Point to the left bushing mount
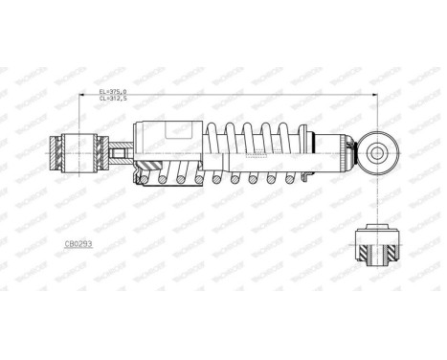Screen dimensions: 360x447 pos(74,151)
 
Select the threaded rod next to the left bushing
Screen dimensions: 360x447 pos(119,151)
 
